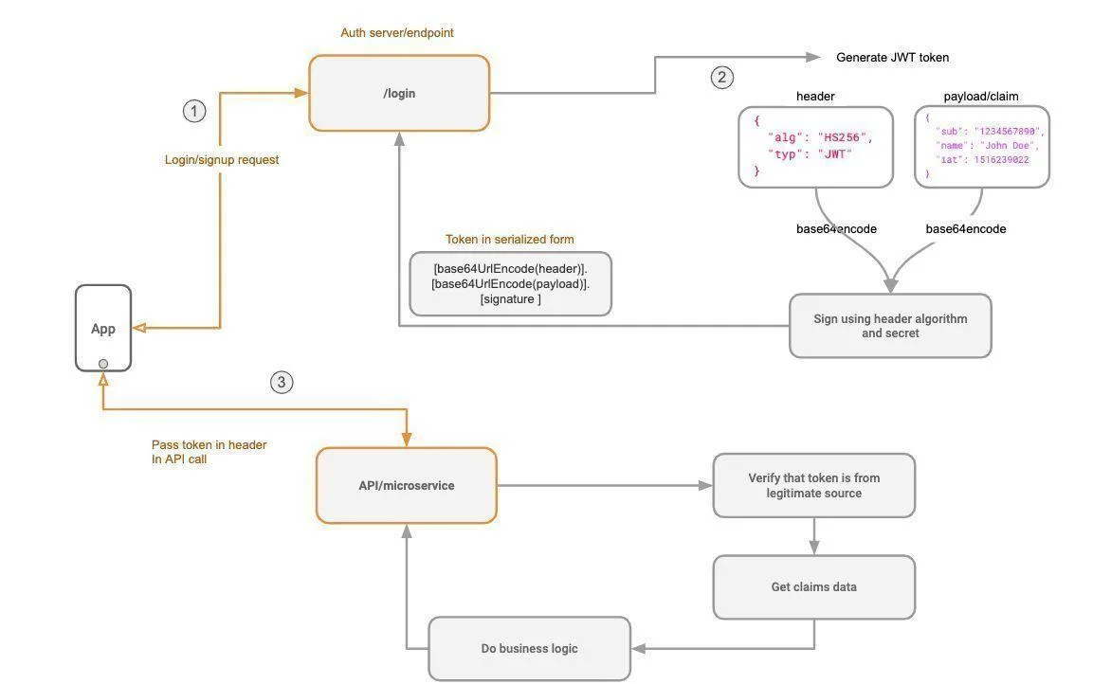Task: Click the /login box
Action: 399,94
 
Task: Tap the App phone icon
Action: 103,328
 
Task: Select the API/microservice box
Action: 407,485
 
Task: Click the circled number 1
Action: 194,111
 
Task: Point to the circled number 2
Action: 722,77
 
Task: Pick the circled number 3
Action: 282,382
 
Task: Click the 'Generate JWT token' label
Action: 892,58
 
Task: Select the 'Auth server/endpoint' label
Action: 396,33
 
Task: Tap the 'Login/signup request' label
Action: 222,159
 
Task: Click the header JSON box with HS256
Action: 815,147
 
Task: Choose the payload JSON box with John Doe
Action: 981,146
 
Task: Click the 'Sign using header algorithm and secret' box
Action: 890,326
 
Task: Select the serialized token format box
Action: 510,284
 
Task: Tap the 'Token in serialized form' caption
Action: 510,239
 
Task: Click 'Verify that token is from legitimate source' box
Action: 814,485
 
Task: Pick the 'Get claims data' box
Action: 814,587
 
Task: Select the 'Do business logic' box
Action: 530,649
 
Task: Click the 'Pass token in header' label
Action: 209,444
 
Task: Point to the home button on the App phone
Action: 103,364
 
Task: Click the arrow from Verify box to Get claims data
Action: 814,536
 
